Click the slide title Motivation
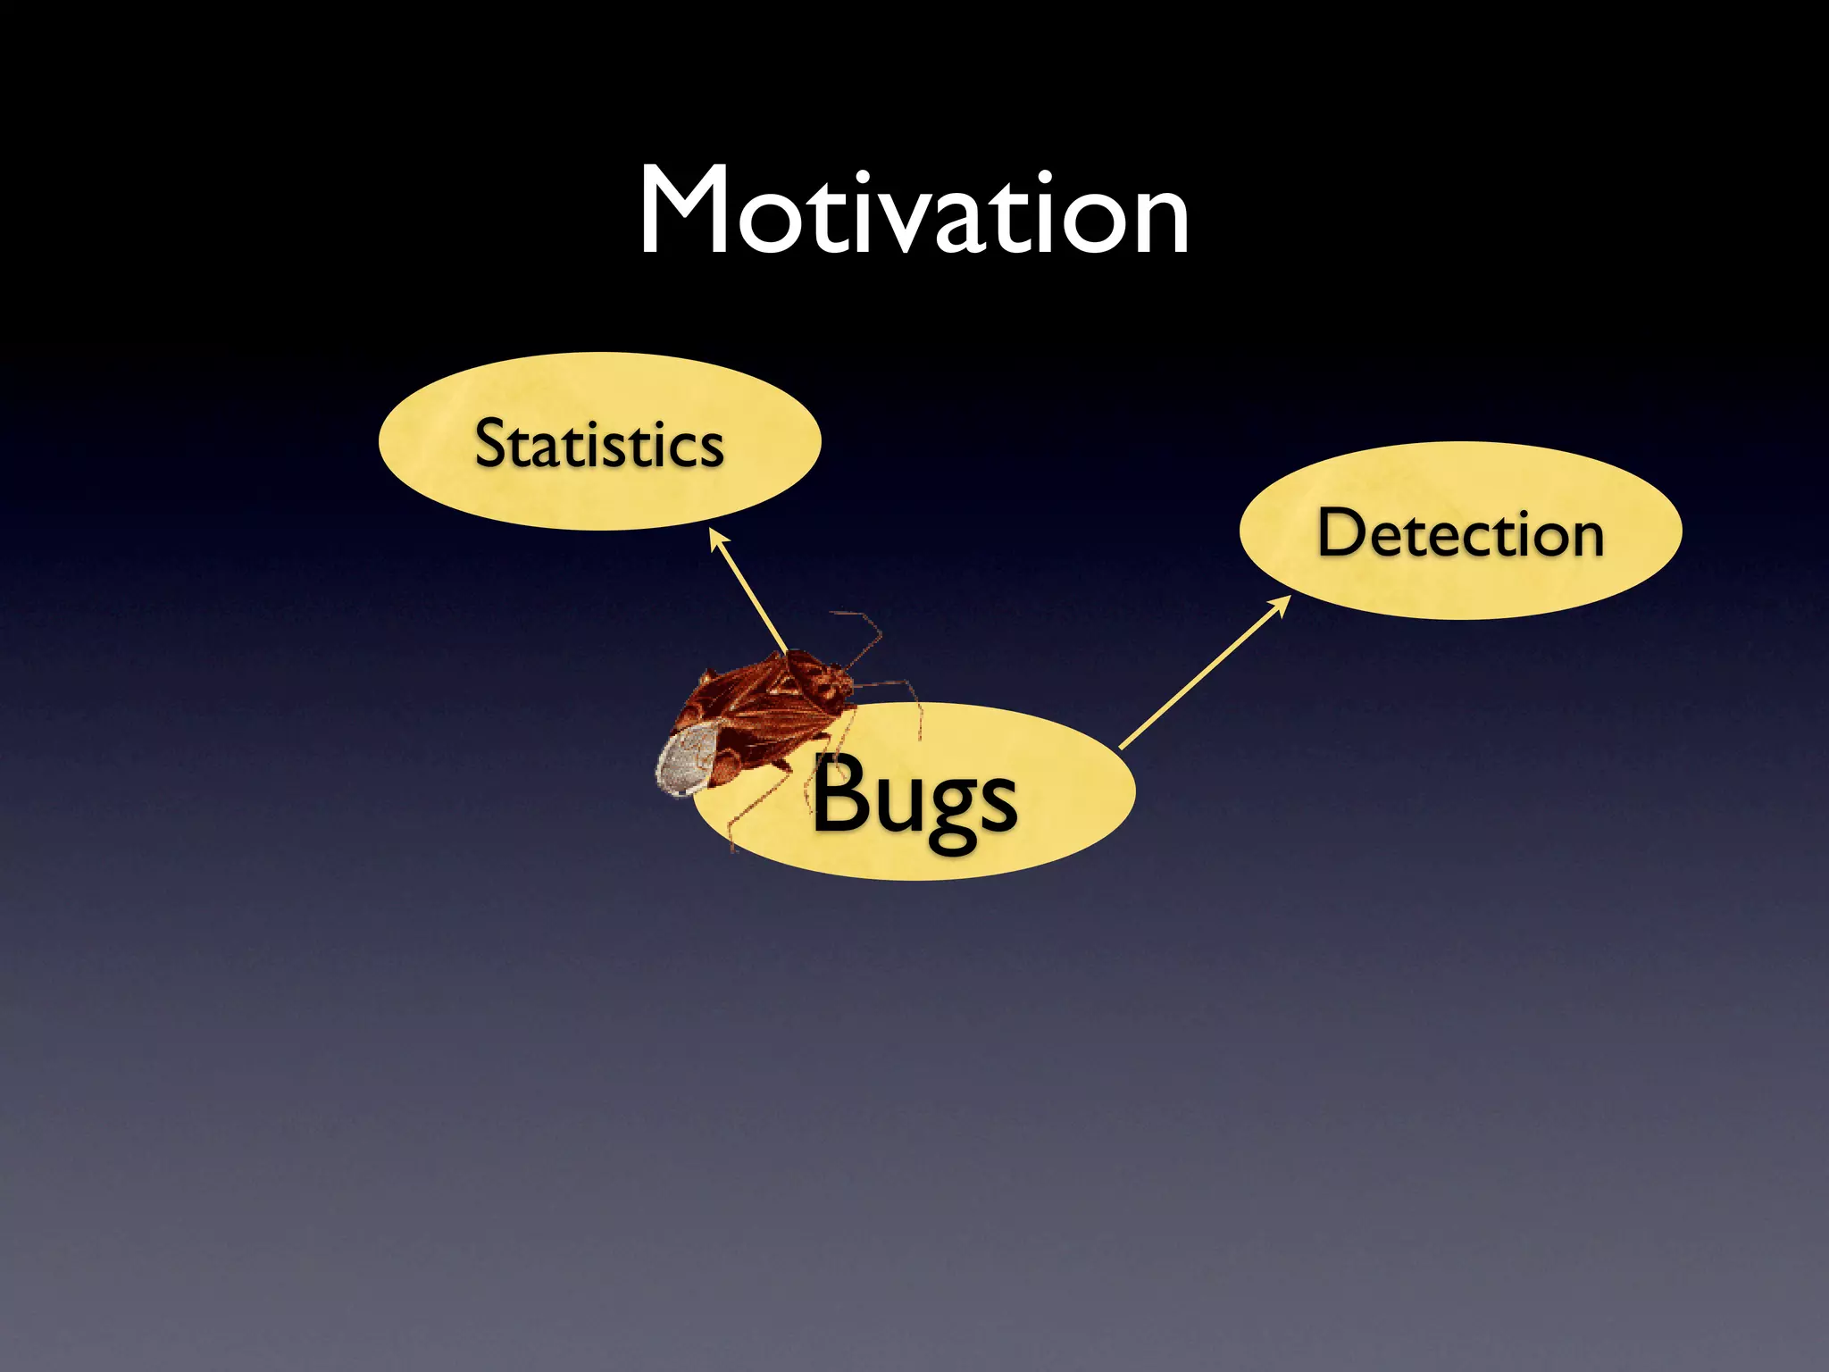click(x=914, y=213)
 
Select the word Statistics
click(x=598, y=443)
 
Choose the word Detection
click(x=1460, y=533)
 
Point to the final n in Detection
click(x=1583, y=539)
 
